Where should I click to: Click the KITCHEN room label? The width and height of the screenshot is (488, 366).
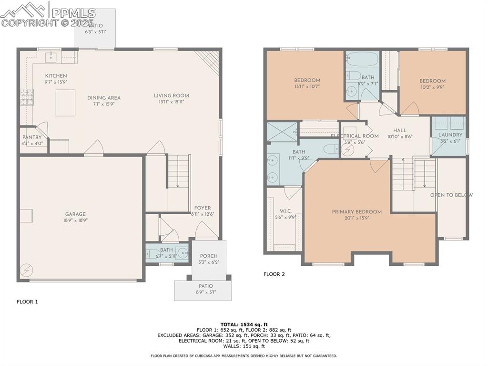click(x=56, y=76)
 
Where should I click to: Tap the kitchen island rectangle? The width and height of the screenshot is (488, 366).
click(x=65, y=103)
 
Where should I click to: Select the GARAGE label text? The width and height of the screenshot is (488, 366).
click(x=76, y=214)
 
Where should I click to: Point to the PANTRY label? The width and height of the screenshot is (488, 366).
click(x=32, y=137)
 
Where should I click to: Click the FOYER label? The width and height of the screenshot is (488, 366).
click(x=203, y=208)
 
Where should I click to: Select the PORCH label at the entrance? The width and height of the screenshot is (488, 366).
click(x=208, y=256)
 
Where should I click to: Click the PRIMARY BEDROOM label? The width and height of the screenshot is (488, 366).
click(x=357, y=212)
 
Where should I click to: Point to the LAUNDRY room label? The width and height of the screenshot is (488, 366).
click(x=450, y=135)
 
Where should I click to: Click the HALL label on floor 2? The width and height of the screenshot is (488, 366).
click(x=399, y=130)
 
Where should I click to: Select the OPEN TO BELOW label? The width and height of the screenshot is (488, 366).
click(x=451, y=195)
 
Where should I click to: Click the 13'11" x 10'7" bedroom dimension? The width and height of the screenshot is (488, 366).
click(x=307, y=86)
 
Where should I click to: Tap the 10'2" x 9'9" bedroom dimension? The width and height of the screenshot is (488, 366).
click(x=432, y=87)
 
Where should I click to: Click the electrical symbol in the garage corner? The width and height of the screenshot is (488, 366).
click(x=26, y=271)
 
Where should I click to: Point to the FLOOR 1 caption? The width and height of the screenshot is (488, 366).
click(x=27, y=302)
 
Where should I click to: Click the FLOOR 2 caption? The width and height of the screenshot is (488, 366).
click(x=274, y=274)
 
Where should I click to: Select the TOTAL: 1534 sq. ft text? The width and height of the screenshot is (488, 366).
click(x=244, y=324)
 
